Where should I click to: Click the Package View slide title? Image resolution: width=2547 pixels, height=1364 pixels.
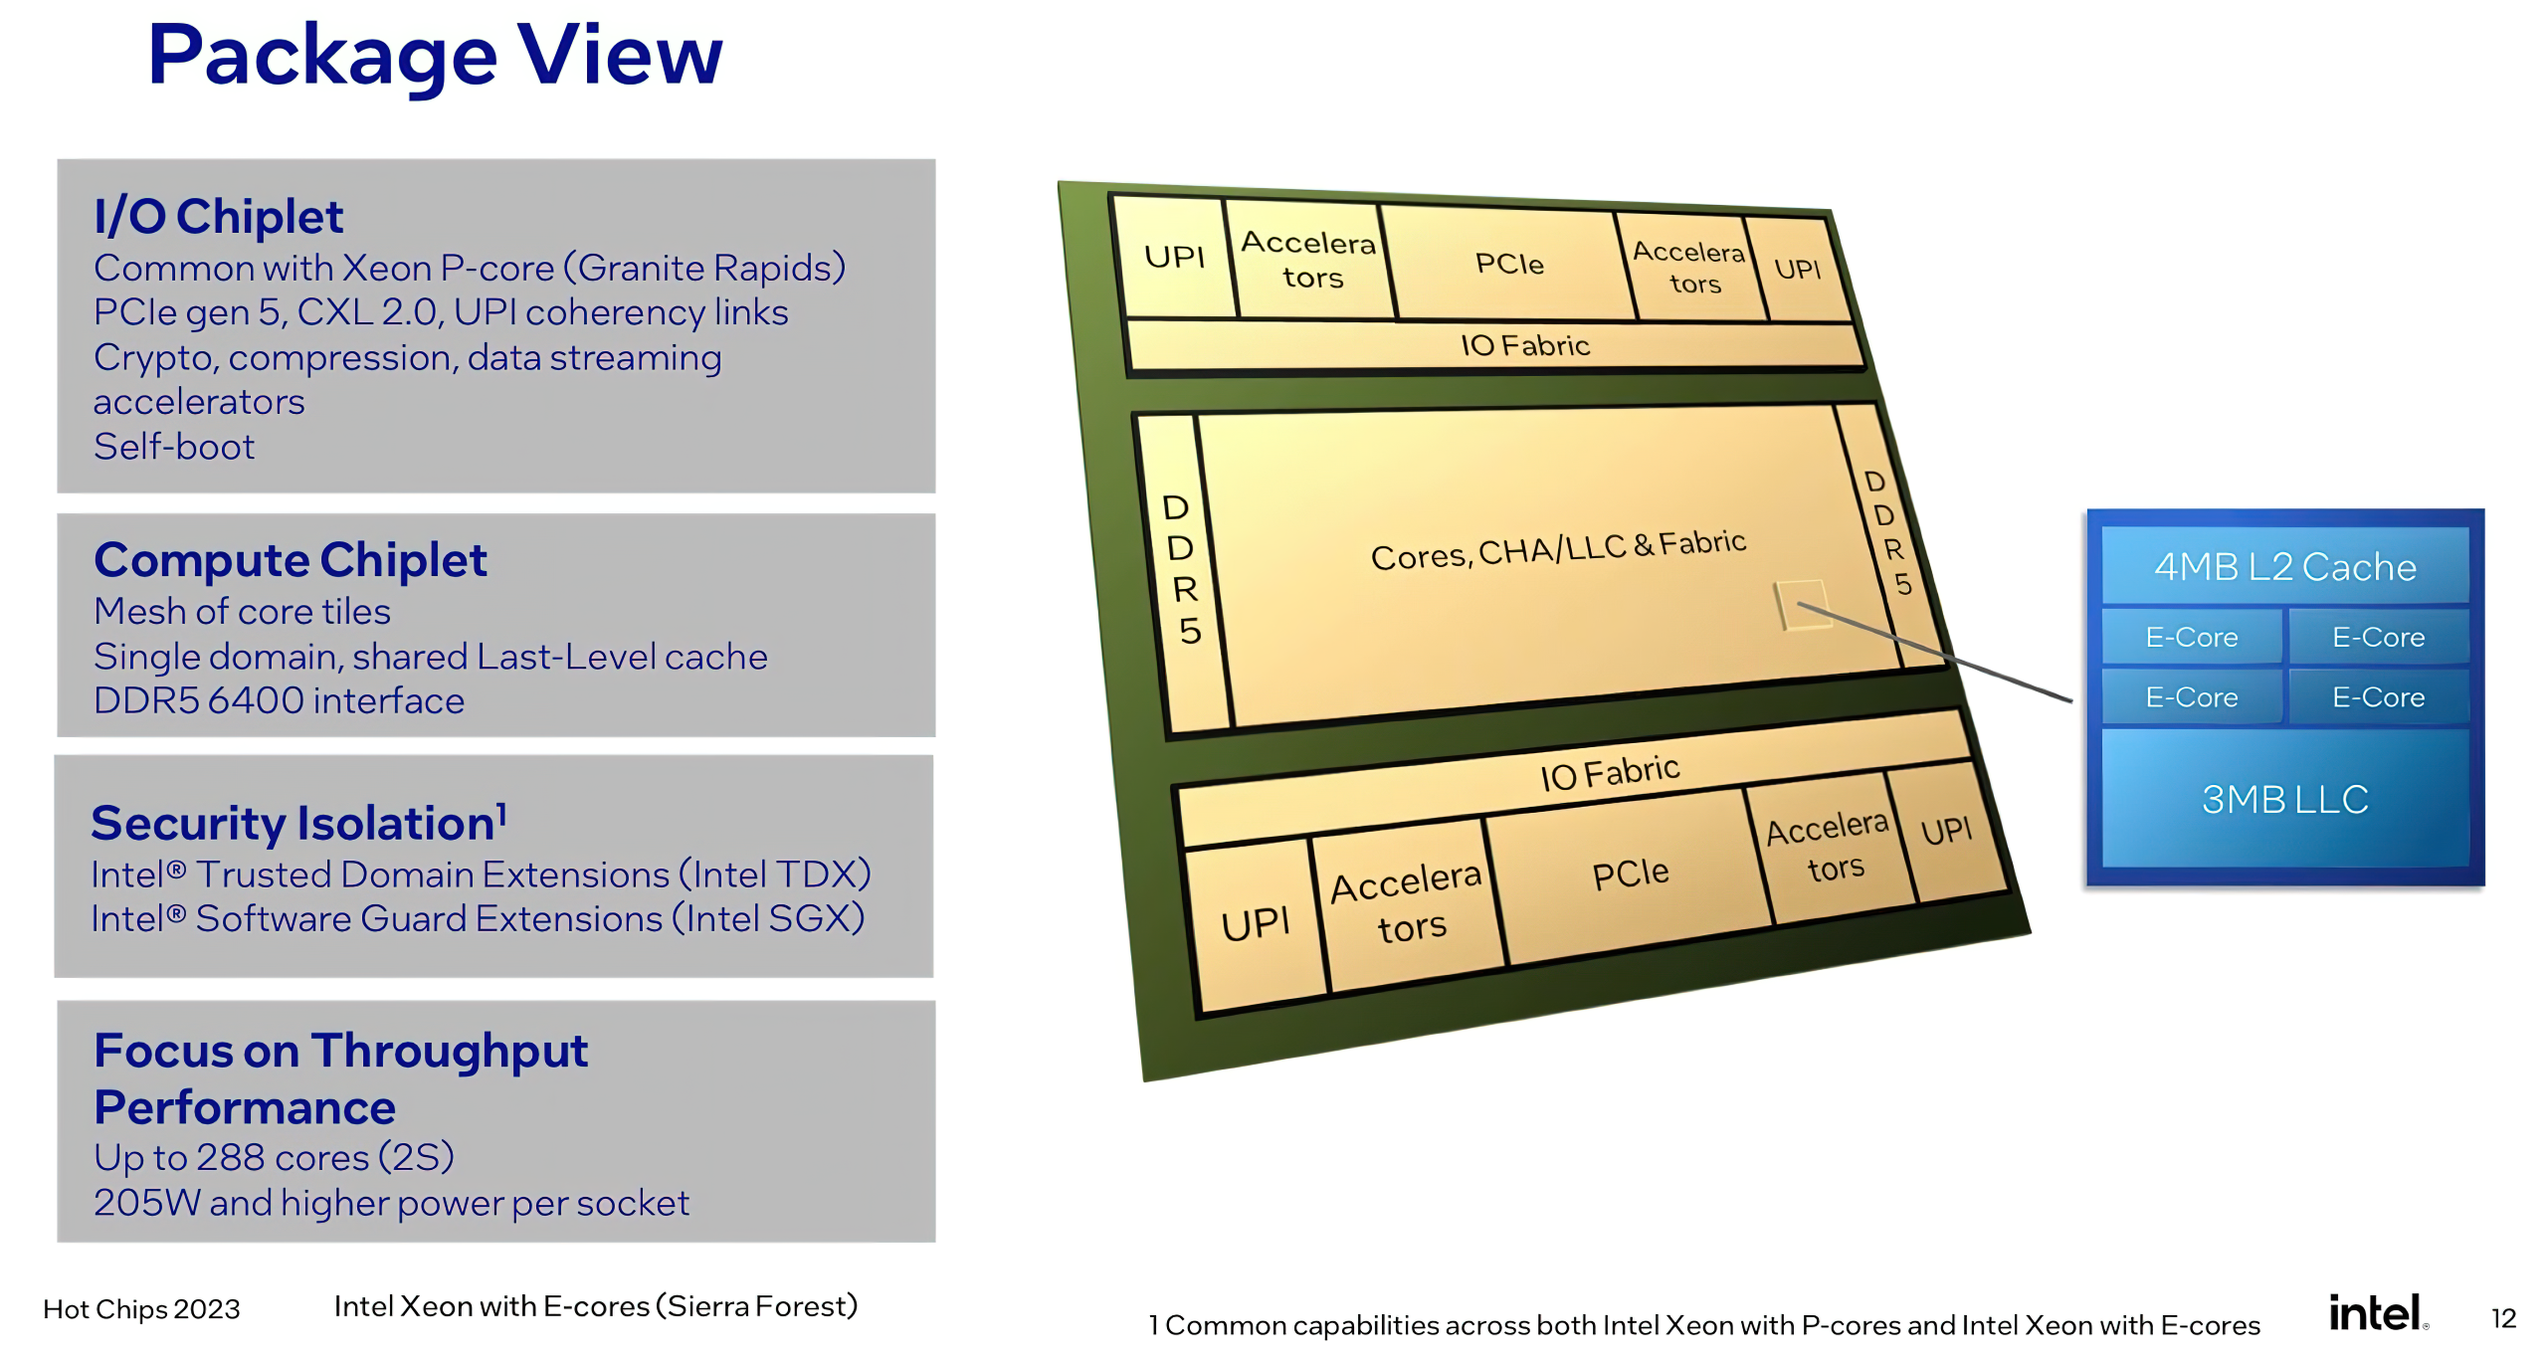point(435,57)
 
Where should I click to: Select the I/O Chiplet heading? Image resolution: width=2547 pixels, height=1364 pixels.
point(218,217)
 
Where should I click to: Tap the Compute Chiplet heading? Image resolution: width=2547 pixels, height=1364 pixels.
point(290,560)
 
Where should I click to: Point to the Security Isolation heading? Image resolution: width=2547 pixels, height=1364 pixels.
point(298,823)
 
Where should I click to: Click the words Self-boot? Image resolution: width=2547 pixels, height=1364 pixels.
point(174,447)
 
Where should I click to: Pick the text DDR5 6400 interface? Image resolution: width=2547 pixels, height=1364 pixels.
point(279,700)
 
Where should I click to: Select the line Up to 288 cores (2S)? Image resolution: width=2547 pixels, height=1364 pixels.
point(274,1157)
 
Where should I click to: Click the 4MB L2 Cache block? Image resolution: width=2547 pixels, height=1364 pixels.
point(2284,566)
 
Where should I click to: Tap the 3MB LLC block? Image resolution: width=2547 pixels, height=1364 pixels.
point(2284,799)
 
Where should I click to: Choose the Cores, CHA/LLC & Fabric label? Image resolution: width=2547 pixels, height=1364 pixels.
point(1558,549)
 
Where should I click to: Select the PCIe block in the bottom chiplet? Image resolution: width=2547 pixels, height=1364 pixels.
point(1630,875)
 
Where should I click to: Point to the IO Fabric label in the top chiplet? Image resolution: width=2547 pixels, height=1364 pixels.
point(1525,345)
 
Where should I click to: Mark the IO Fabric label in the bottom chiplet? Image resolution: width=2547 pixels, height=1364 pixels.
point(1610,772)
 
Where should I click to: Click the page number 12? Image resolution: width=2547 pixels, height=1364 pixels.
point(2503,1318)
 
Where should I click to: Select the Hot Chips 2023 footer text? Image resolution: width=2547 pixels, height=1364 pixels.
point(141,1309)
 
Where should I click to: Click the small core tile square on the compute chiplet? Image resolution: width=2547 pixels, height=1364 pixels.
point(1803,604)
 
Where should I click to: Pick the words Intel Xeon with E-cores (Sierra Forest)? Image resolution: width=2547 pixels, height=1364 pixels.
point(596,1306)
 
